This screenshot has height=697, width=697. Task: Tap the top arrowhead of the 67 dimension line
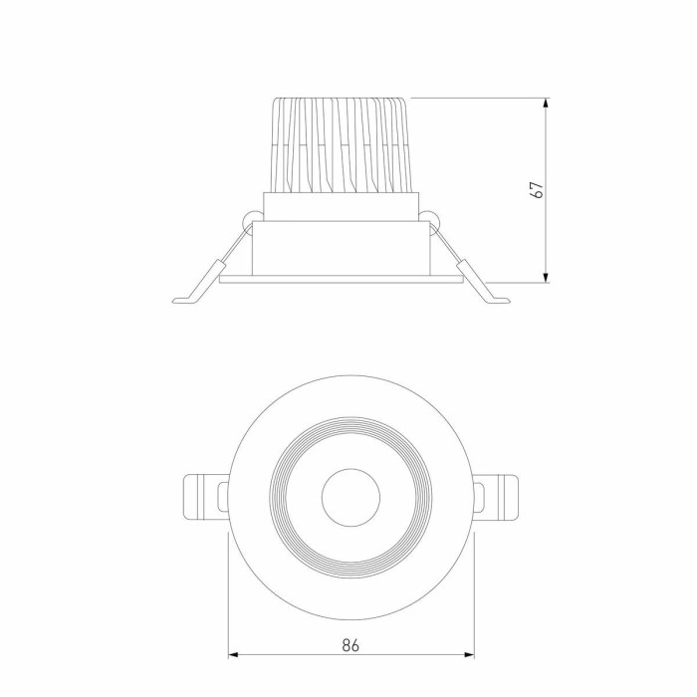(546, 104)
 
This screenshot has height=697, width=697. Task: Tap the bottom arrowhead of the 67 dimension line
(546, 276)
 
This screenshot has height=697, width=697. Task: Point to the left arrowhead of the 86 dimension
(235, 655)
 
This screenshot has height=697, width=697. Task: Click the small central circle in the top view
(349, 495)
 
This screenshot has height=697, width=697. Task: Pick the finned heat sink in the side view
(342, 144)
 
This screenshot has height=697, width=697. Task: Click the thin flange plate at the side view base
(342, 280)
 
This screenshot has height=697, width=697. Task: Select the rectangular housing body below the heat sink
(342, 249)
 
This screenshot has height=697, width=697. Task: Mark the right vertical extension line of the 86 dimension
(475, 597)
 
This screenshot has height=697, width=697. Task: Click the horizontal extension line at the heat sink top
(478, 98)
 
